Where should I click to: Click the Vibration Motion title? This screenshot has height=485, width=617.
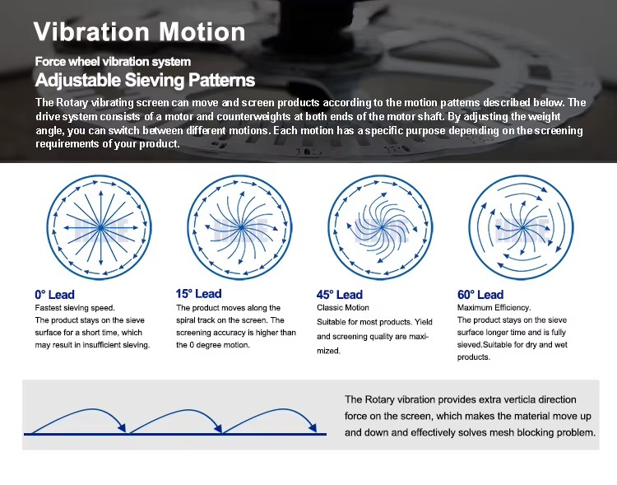[139, 31]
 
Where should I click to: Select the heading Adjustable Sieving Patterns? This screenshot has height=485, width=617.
[145, 80]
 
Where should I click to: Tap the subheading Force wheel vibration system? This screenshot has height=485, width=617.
[113, 62]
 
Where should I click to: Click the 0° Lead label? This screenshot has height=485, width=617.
[54, 295]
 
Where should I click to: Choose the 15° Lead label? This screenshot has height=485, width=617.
[199, 293]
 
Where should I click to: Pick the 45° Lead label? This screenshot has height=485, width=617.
[340, 295]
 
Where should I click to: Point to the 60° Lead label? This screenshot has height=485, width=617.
[480, 295]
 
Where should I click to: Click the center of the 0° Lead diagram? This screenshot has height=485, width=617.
[100, 227]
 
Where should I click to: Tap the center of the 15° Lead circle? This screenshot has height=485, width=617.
[241, 227]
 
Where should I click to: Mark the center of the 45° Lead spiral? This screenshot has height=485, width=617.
[382, 227]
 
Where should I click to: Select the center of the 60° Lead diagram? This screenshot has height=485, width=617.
[522, 227]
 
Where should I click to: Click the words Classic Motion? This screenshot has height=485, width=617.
[343, 308]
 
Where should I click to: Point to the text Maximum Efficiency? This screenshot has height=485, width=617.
[494, 308]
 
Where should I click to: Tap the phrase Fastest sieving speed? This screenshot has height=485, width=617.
[75, 308]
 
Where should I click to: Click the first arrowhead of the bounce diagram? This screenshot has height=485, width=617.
[123, 428]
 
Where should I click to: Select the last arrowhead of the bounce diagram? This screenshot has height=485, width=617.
[313, 428]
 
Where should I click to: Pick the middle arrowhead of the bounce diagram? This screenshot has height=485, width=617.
[218, 428]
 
